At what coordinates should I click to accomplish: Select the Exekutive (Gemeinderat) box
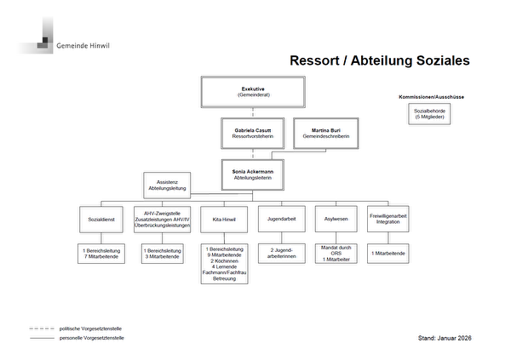[x=253, y=91]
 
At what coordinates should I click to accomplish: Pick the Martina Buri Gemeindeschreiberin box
[x=325, y=134]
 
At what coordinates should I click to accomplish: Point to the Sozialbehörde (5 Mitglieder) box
[x=431, y=114]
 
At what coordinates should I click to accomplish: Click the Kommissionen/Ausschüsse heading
[x=431, y=97]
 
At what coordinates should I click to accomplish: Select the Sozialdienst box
[x=102, y=219]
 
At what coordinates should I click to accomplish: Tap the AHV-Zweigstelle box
[x=162, y=219]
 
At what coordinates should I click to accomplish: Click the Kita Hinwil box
[x=223, y=219]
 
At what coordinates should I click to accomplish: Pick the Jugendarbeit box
[x=280, y=219]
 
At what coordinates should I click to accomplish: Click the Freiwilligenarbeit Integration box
[x=388, y=219]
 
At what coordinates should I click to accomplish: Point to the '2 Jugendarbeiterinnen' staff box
[x=280, y=254]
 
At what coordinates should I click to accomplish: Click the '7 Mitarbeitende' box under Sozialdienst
[x=102, y=254]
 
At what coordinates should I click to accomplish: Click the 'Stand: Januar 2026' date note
[x=445, y=337]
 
